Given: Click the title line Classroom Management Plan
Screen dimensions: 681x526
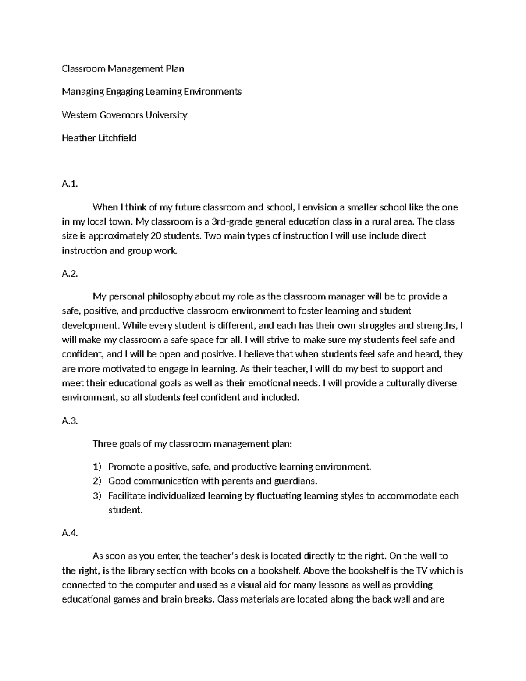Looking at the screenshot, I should click(x=123, y=68).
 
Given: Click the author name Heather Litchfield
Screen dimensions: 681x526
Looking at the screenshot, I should click(x=99, y=138).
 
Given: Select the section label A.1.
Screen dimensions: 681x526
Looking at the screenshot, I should click(x=69, y=184).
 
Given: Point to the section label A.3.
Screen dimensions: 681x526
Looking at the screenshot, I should click(x=69, y=421).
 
